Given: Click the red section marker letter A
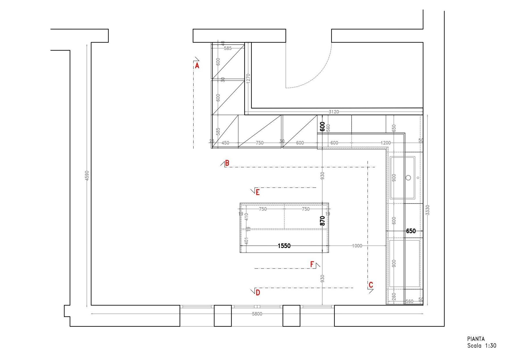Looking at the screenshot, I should tap(197, 66).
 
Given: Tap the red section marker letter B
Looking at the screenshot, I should tap(227, 163).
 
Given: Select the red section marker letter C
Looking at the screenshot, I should tap(371, 285).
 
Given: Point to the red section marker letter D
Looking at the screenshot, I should tap(257, 292).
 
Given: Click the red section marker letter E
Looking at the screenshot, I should tap(257, 192).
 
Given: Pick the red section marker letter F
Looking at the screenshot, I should tap(312, 264).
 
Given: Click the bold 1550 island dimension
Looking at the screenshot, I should tap(284, 246).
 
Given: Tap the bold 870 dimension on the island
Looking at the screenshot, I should tap(322, 221).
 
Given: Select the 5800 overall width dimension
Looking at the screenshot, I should tap(257, 314).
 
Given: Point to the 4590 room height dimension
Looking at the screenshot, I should tap(87, 175).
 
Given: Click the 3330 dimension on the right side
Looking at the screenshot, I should tap(427, 210).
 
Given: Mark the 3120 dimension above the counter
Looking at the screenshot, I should tap(334, 112).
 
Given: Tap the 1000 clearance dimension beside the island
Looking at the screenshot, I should tap(357, 246).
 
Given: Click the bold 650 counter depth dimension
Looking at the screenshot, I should tap(411, 231).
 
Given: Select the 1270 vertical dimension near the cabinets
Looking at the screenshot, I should tap(248, 78).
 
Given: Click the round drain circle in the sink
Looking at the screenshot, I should tap(408, 178).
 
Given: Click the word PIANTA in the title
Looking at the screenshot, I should tap(476, 339).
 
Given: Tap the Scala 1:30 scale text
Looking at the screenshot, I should tap(482, 346).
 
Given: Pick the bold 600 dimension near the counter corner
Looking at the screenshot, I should tap(322, 127).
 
